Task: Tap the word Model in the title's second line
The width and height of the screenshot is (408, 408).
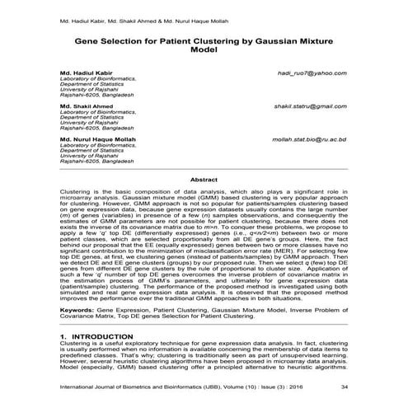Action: coord(204,49)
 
